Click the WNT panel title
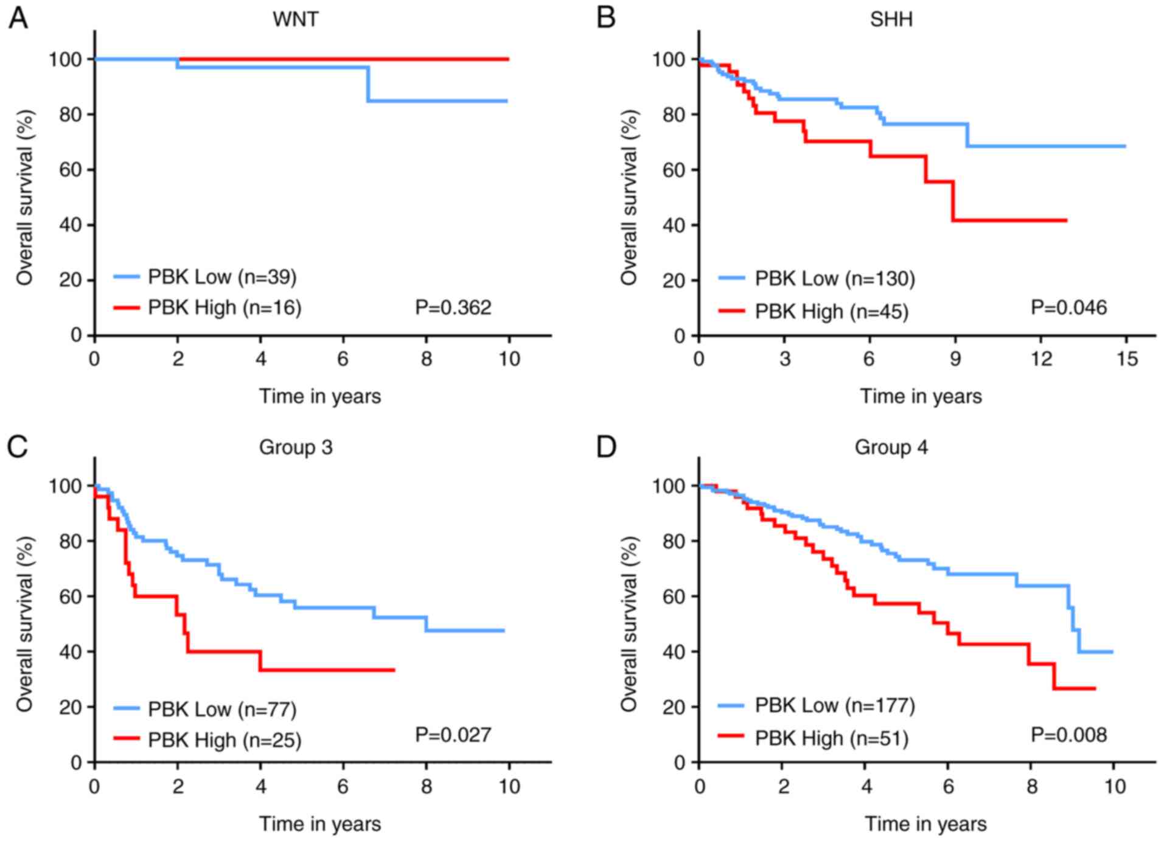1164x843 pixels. click(295, 19)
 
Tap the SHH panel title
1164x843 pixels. click(891, 19)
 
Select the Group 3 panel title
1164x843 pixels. click(296, 447)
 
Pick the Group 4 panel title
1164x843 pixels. click(891, 447)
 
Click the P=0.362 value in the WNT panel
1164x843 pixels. click(453, 307)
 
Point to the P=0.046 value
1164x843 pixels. click(1068, 307)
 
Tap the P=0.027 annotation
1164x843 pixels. click(453, 735)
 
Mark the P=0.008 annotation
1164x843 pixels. click(1068, 735)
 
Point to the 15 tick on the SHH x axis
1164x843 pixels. click(1126, 359)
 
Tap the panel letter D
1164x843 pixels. click(606, 447)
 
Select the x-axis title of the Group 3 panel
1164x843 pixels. click(320, 824)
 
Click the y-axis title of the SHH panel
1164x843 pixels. click(629, 198)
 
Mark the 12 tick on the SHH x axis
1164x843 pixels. click(1041, 359)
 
